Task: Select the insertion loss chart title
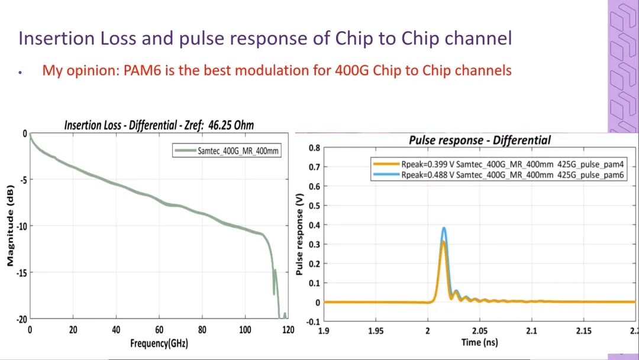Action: pyautogui.click(x=159, y=125)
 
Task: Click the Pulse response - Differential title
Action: pyautogui.click(x=479, y=140)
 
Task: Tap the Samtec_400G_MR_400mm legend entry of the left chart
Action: pyautogui.click(x=238, y=150)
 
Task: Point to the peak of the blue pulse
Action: pyautogui.click(x=443, y=228)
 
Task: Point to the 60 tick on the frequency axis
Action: pyautogui.click(x=159, y=330)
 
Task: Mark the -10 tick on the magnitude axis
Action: pyautogui.click(x=19, y=226)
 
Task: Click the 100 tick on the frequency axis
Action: pyautogui.click(x=245, y=330)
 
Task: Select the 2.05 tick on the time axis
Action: pyautogui.click(x=480, y=330)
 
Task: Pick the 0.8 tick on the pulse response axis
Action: pyautogui.click(x=314, y=147)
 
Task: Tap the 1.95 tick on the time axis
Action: pyautogui.click(x=376, y=330)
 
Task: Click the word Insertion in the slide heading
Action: pyautogui.click(x=53, y=38)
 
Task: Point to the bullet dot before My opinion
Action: pyautogui.click(x=20, y=72)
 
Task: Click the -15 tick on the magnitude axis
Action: pyautogui.click(x=19, y=272)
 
